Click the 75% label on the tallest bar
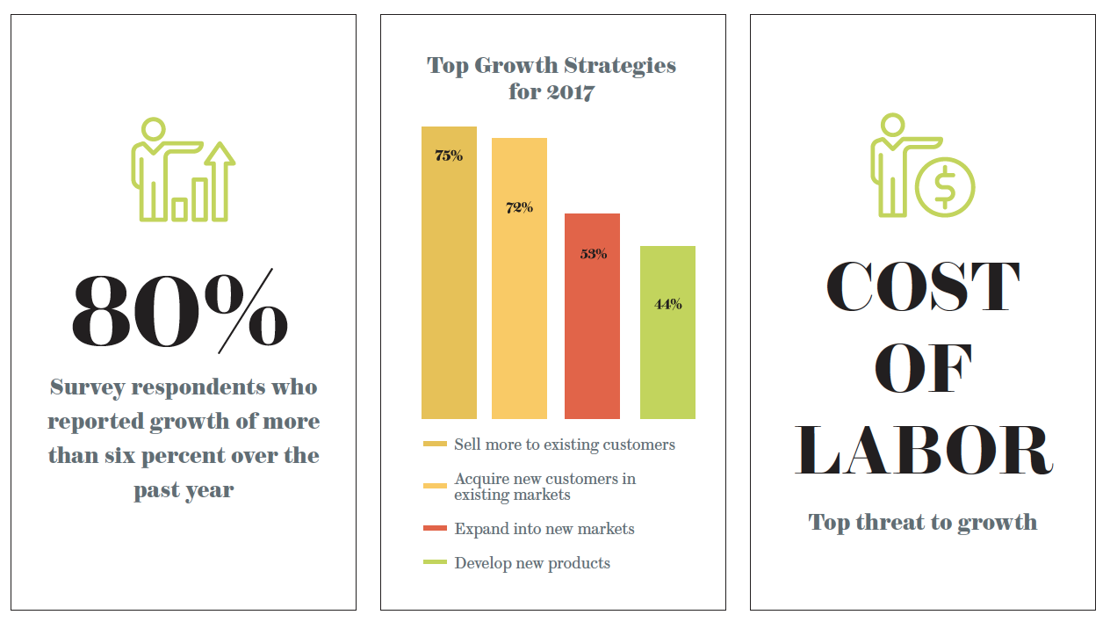[x=449, y=156]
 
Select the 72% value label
[x=519, y=208]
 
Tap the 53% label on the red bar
[x=593, y=255]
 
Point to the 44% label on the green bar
[x=667, y=305]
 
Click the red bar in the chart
[x=592, y=334]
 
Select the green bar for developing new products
[x=667, y=351]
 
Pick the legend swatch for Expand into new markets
[x=435, y=529]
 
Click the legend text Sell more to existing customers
[x=564, y=445]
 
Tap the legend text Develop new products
[x=531, y=563]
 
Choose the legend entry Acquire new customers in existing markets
[x=544, y=487]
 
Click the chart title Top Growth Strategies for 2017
[x=551, y=78]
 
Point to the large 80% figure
[x=180, y=312]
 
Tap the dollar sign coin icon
[x=945, y=186]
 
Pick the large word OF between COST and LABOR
[x=923, y=369]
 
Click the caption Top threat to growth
[x=922, y=523]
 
